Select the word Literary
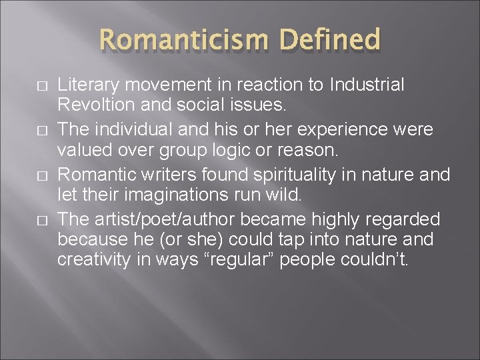point(81,85)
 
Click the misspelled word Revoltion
point(91,105)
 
